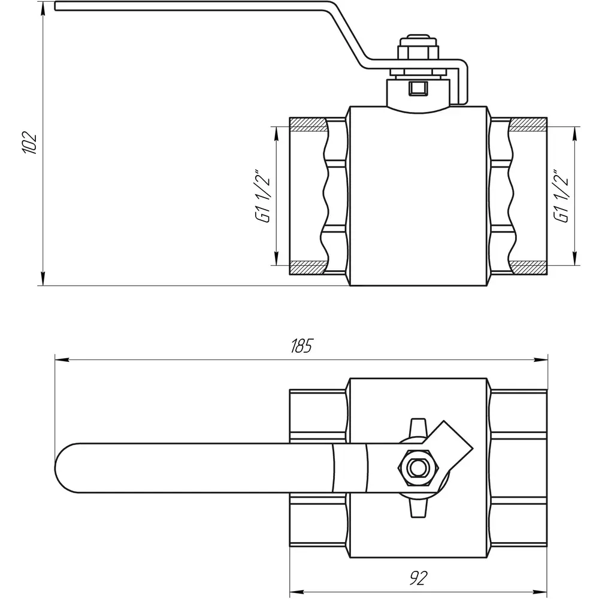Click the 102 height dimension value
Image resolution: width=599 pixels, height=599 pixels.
pyautogui.click(x=30, y=143)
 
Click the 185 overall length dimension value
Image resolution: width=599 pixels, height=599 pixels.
pyautogui.click(x=301, y=346)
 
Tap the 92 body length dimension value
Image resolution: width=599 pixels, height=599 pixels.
pyautogui.click(x=418, y=578)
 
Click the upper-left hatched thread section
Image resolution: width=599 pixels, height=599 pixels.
pyautogui.click(x=308, y=125)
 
